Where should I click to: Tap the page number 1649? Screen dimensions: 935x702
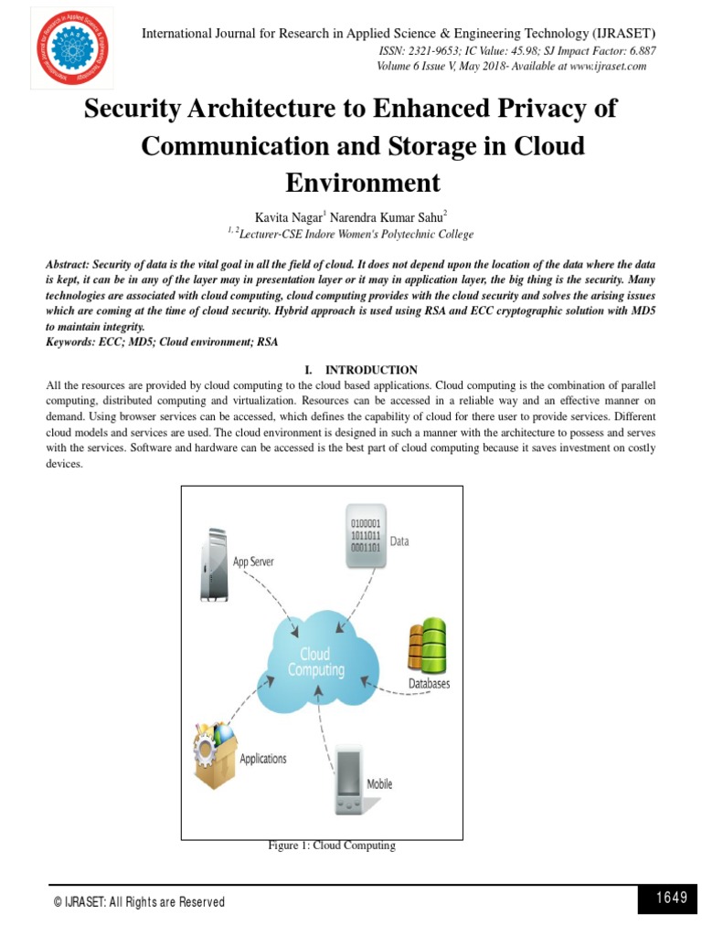tap(671, 898)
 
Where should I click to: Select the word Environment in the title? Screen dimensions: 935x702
tap(363, 182)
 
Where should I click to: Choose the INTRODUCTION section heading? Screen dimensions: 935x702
tap(371, 370)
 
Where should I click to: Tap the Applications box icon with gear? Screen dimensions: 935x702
tap(214, 754)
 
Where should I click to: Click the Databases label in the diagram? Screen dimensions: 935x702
tap(428, 683)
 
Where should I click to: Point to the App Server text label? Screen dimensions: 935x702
tap(253, 562)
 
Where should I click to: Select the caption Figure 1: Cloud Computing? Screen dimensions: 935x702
tap(331, 846)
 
